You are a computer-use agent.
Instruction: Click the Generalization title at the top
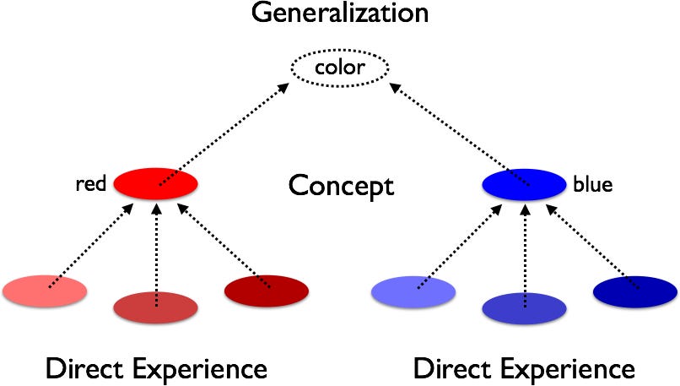click(x=340, y=14)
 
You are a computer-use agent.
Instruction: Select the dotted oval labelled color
click(x=340, y=68)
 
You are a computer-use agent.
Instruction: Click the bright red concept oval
click(x=155, y=182)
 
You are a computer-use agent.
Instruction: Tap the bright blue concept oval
click(x=523, y=183)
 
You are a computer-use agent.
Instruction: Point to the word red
click(x=89, y=183)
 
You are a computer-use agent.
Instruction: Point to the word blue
click(x=592, y=183)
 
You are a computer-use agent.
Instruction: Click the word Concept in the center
click(x=341, y=185)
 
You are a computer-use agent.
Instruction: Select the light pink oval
click(x=45, y=291)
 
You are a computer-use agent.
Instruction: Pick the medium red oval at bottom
click(x=155, y=306)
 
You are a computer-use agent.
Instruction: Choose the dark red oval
click(x=266, y=291)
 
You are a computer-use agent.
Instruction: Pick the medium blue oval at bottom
click(x=524, y=309)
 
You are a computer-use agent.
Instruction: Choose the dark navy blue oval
click(x=634, y=291)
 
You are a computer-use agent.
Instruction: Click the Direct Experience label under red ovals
click(x=156, y=368)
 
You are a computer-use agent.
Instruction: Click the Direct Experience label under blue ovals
click(x=524, y=368)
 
